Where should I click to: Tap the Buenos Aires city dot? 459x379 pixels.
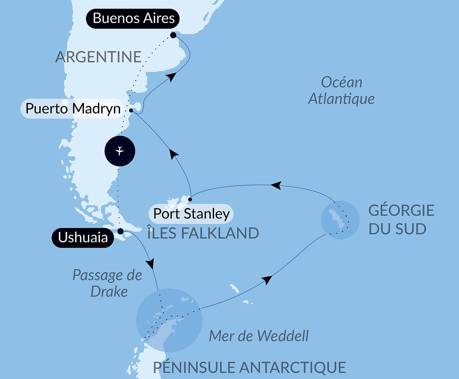pyautogui.click(x=173, y=35)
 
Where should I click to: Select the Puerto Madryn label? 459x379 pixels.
pyautogui.click(x=72, y=109)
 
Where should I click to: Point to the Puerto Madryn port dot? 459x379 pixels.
pyautogui.click(x=131, y=110)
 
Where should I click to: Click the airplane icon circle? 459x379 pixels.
pyautogui.click(x=120, y=151)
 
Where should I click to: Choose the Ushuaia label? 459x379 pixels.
pyautogui.click(x=83, y=238)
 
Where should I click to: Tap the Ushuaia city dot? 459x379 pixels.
pyautogui.click(x=120, y=231)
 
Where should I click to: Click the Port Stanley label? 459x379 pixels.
pyautogui.click(x=191, y=214)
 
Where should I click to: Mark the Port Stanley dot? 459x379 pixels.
pyautogui.click(x=190, y=199)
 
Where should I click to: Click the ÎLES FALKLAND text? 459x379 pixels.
pyautogui.click(x=203, y=233)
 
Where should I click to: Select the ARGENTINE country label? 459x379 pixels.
pyautogui.click(x=98, y=57)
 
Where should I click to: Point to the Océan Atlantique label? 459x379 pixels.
pyautogui.click(x=341, y=90)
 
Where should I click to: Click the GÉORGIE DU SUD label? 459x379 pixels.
pyautogui.click(x=401, y=219)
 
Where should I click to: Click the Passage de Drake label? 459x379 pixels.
pyautogui.click(x=108, y=283)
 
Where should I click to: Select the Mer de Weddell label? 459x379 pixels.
pyautogui.click(x=259, y=336)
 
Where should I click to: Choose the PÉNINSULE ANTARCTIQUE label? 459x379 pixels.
pyautogui.click(x=249, y=368)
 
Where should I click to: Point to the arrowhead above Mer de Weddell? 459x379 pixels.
pyautogui.click(x=267, y=280)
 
